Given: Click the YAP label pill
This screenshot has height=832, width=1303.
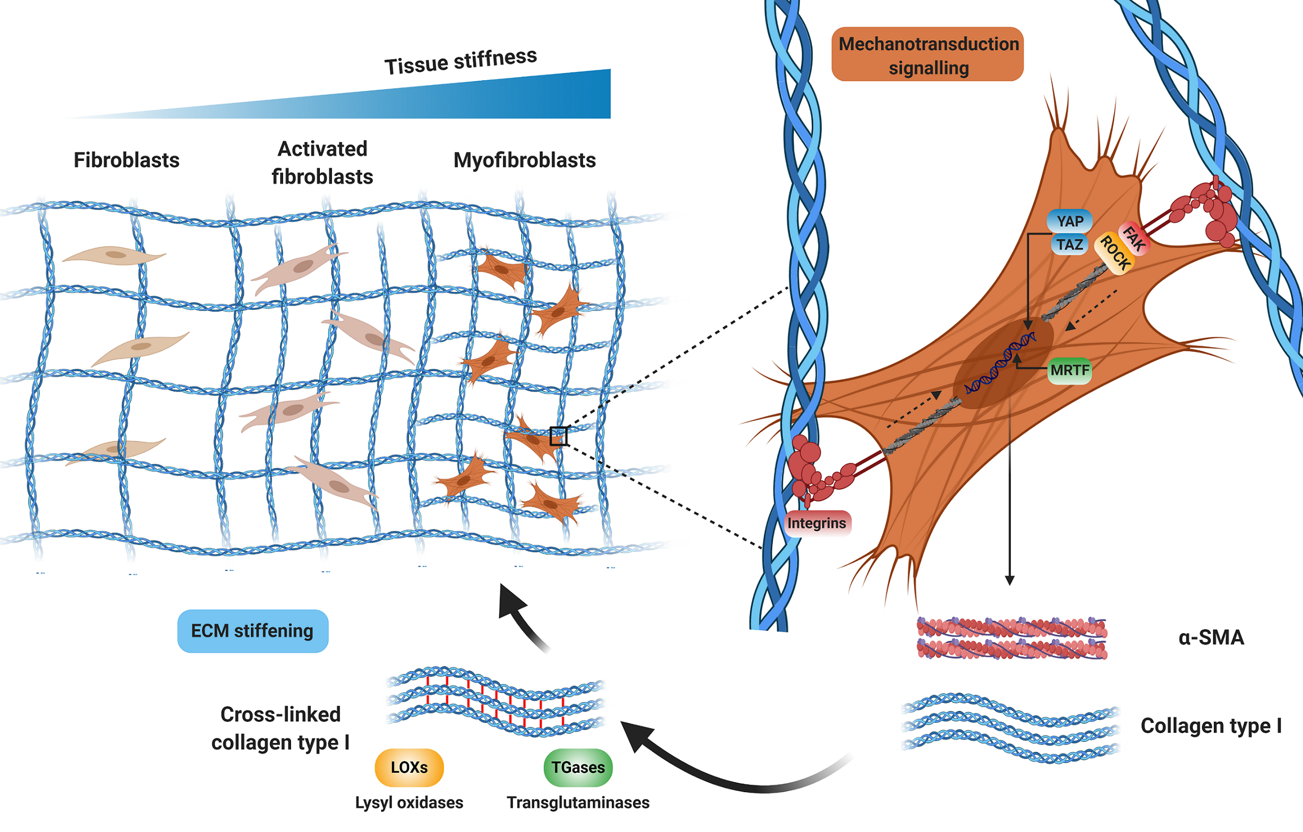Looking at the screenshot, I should point(1069,221).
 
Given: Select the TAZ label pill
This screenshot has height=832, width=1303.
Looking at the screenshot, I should point(1069,244).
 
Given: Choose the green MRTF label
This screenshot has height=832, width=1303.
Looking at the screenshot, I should point(1069,371).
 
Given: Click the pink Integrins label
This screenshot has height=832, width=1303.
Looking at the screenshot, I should point(816,523).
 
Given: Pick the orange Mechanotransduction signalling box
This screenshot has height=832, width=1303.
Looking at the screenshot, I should point(928,55).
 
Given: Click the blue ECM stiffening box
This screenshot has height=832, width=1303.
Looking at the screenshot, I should point(253,631).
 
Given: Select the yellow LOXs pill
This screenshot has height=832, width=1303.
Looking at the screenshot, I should point(409,767).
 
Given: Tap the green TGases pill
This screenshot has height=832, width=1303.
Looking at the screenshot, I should point(578,767).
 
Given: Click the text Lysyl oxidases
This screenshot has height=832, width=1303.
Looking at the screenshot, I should point(409,802).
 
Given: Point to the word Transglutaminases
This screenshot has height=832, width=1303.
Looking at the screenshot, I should point(578,802).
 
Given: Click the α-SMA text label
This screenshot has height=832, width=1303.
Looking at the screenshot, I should point(1211,637).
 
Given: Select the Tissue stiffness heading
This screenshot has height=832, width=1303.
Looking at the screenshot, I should point(460,61).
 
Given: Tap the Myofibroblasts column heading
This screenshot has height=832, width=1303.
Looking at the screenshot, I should point(524,160).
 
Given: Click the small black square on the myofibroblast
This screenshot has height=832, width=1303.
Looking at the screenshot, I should point(558,436).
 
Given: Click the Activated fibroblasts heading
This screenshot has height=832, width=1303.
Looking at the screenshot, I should point(322,163).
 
